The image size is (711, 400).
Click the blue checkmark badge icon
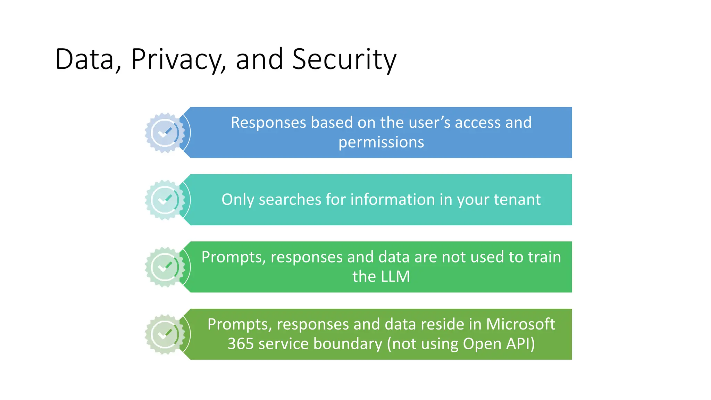(165, 133)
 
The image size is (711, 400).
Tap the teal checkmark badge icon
(165, 200)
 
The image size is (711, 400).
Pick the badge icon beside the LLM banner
(165, 267)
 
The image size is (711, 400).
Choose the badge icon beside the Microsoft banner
(165, 334)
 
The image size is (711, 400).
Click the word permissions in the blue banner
(381, 142)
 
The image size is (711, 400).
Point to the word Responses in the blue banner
(268, 123)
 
